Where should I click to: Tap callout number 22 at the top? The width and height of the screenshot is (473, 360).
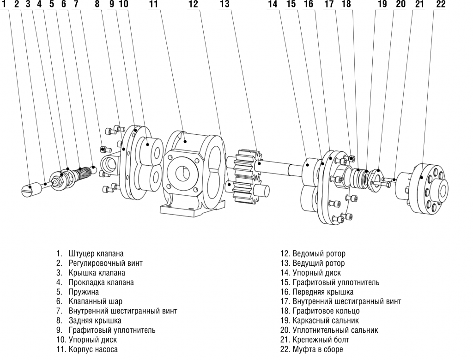tap(441, 4)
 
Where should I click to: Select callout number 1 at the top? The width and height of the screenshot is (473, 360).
tap(4, 4)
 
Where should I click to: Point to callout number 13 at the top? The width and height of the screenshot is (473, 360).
tap(224, 4)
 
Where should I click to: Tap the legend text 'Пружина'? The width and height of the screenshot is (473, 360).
tap(83, 292)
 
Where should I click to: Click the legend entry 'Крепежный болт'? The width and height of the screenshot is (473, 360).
tap(318, 340)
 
